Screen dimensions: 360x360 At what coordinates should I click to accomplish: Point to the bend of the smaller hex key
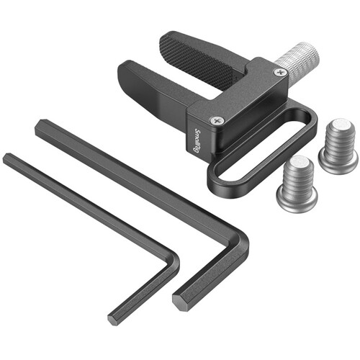click(x=173, y=263)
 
